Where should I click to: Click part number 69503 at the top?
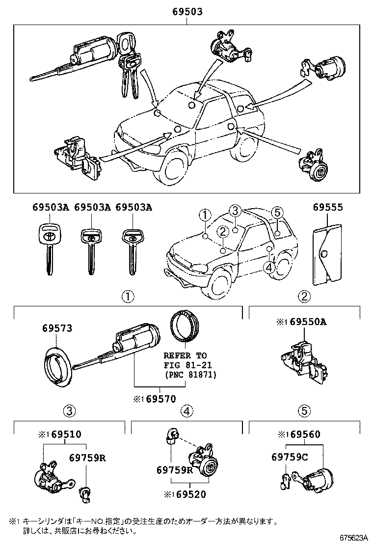(x=187, y=12)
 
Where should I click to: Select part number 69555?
(x=328, y=208)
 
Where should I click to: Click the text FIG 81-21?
(x=185, y=365)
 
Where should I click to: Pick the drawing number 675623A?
(x=351, y=539)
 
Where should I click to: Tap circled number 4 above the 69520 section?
(x=186, y=411)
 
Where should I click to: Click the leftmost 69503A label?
(x=51, y=208)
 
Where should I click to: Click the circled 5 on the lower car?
(x=277, y=213)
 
